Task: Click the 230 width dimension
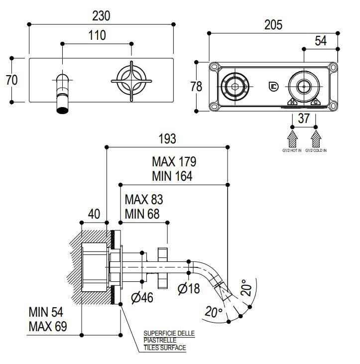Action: click(x=101, y=15)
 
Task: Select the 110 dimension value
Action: click(x=97, y=36)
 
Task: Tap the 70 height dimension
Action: click(x=12, y=80)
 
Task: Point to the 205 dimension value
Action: click(x=273, y=24)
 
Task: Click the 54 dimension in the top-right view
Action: click(x=321, y=41)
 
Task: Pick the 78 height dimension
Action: click(x=196, y=86)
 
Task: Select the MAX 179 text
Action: click(x=174, y=162)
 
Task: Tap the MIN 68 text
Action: click(x=143, y=214)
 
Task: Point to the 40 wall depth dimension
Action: click(x=94, y=214)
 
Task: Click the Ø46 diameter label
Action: click(x=142, y=297)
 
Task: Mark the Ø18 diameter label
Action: click(x=189, y=287)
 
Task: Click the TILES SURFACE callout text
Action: click(x=165, y=348)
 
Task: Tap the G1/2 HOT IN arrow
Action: click(x=292, y=136)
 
